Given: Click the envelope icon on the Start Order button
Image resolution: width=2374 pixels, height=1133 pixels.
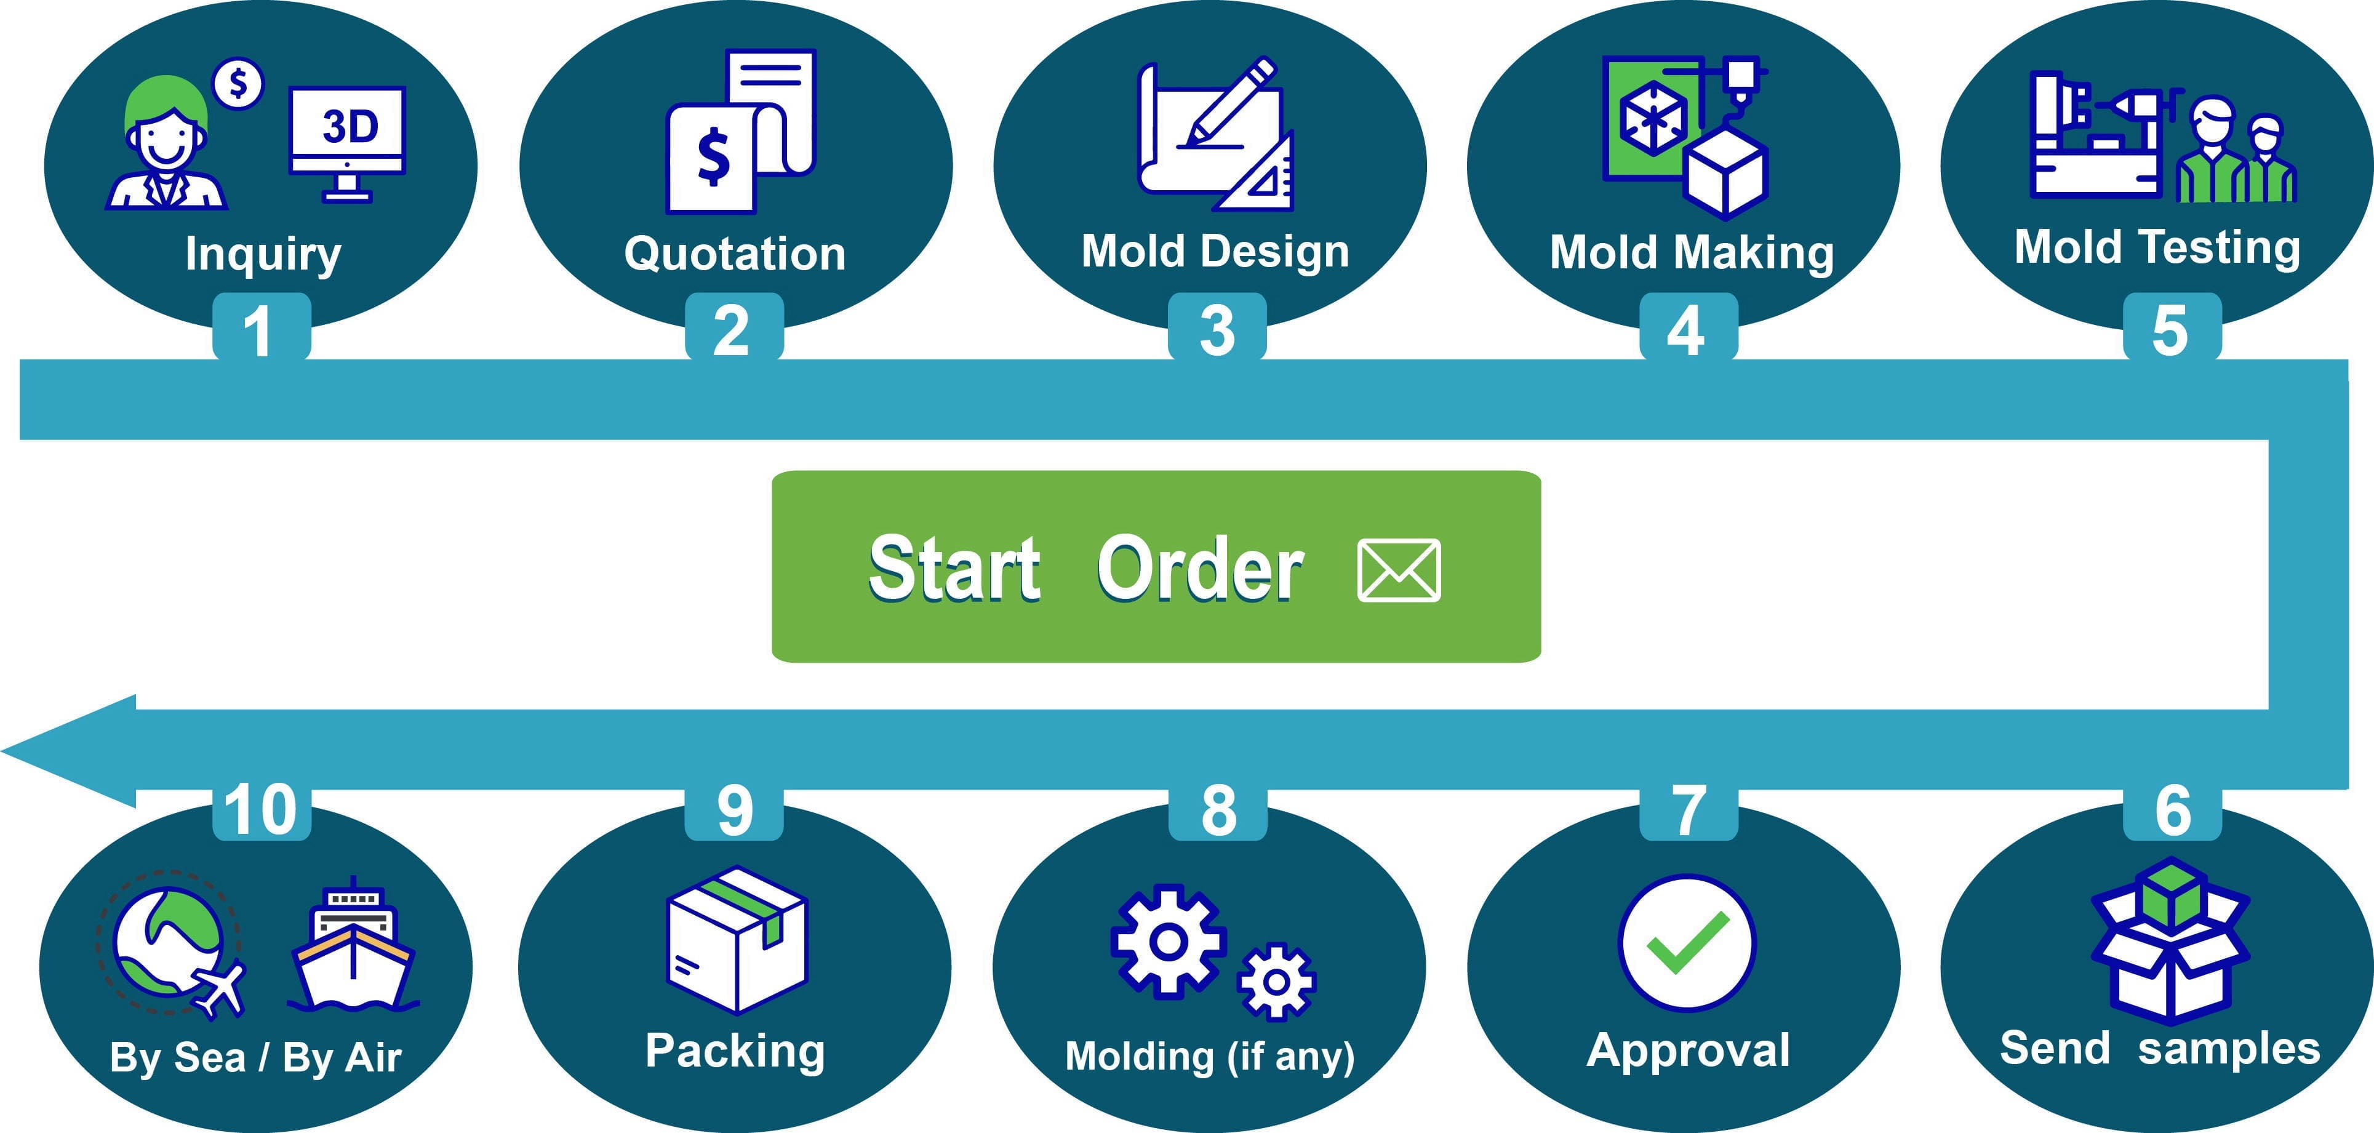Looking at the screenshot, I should [1398, 571].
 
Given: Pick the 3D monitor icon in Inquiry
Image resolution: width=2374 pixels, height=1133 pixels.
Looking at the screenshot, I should [348, 138].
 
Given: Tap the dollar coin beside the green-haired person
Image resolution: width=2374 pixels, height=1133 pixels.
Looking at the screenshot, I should [238, 84].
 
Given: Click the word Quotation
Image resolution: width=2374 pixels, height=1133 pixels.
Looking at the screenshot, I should [735, 254].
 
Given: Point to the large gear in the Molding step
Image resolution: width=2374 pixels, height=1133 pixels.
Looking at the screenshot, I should [1168, 941].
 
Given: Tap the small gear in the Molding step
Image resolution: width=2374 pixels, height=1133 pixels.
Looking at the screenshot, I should [1276, 982].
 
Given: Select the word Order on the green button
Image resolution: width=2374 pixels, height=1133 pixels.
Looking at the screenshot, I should [1200, 569].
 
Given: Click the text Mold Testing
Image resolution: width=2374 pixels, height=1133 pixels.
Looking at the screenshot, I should [2157, 247].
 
